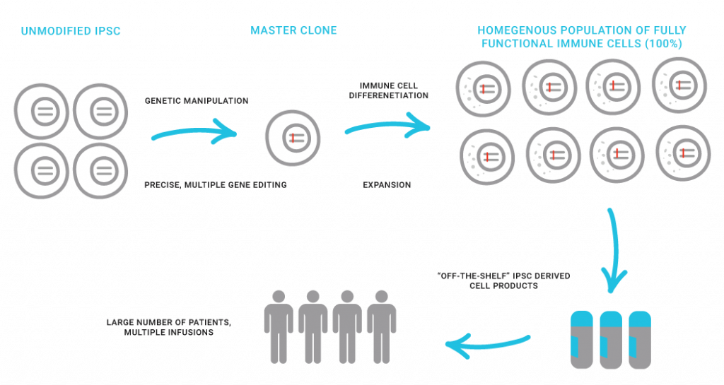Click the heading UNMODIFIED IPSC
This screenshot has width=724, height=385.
(x=71, y=31)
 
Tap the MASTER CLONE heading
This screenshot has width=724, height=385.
(x=293, y=31)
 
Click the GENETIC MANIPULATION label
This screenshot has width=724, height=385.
(x=197, y=101)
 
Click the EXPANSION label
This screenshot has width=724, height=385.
(x=387, y=184)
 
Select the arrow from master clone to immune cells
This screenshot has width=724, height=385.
(x=387, y=127)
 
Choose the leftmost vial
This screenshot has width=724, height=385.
(x=583, y=338)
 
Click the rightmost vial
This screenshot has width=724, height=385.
(x=639, y=338)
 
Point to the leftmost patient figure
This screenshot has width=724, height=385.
(x=278, y=326)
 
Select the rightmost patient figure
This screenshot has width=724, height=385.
(x=382, y=326)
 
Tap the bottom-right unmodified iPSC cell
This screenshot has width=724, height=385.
(x=101, y=170)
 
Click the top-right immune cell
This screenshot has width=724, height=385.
(x=678, y=86)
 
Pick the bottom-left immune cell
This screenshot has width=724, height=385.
(x=488, y=155)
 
